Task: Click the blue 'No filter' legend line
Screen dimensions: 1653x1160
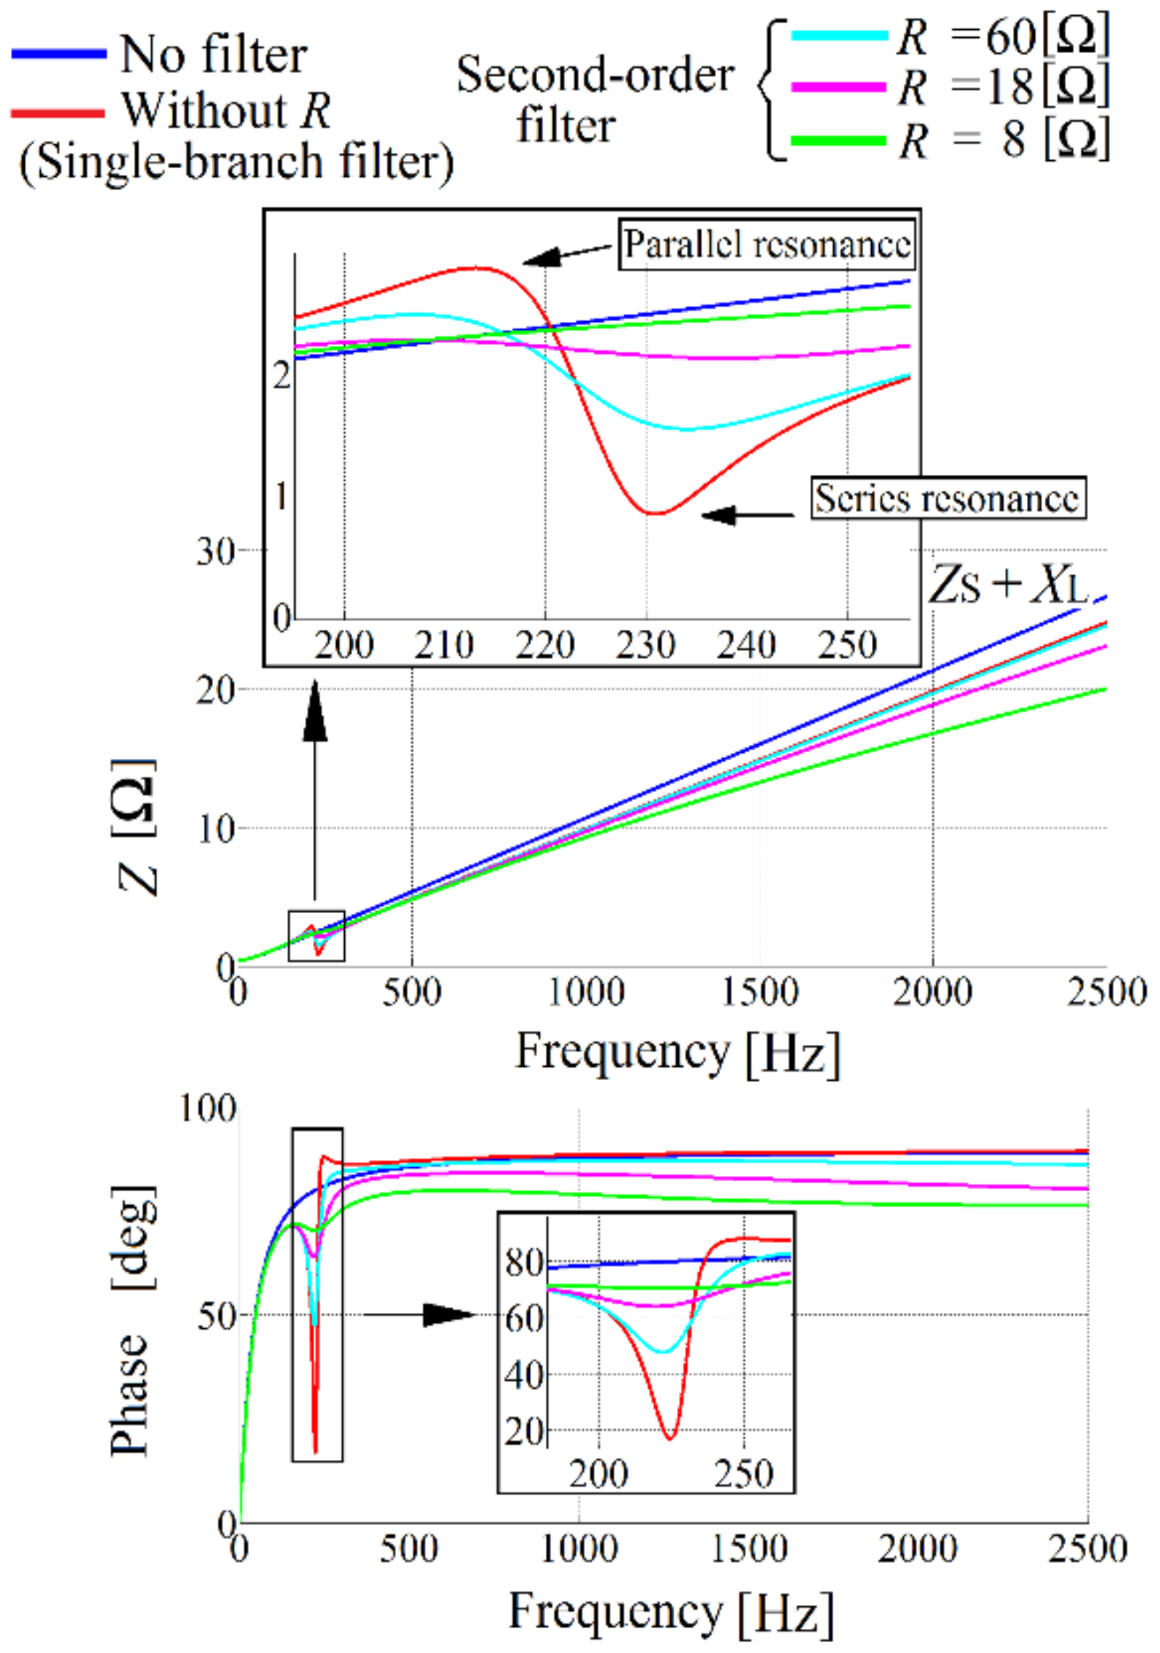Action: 59,53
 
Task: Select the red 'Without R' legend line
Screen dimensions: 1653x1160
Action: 57,113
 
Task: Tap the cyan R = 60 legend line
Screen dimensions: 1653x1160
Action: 838,34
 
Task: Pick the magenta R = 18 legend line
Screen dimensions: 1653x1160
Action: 838,87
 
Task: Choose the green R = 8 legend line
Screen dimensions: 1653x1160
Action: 838,140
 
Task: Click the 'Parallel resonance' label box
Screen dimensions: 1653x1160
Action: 767,245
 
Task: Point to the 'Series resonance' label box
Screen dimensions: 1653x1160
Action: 948,498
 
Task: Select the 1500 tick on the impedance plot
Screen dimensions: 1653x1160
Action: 760,992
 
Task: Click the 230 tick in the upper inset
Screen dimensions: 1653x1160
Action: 645,645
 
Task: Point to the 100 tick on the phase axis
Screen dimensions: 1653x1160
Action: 208,1110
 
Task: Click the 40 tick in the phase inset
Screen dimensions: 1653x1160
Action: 524,1375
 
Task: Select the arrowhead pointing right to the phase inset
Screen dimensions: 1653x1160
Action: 448,1314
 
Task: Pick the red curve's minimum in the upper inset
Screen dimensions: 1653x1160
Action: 655,513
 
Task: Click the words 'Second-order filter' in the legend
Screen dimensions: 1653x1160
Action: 595,100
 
